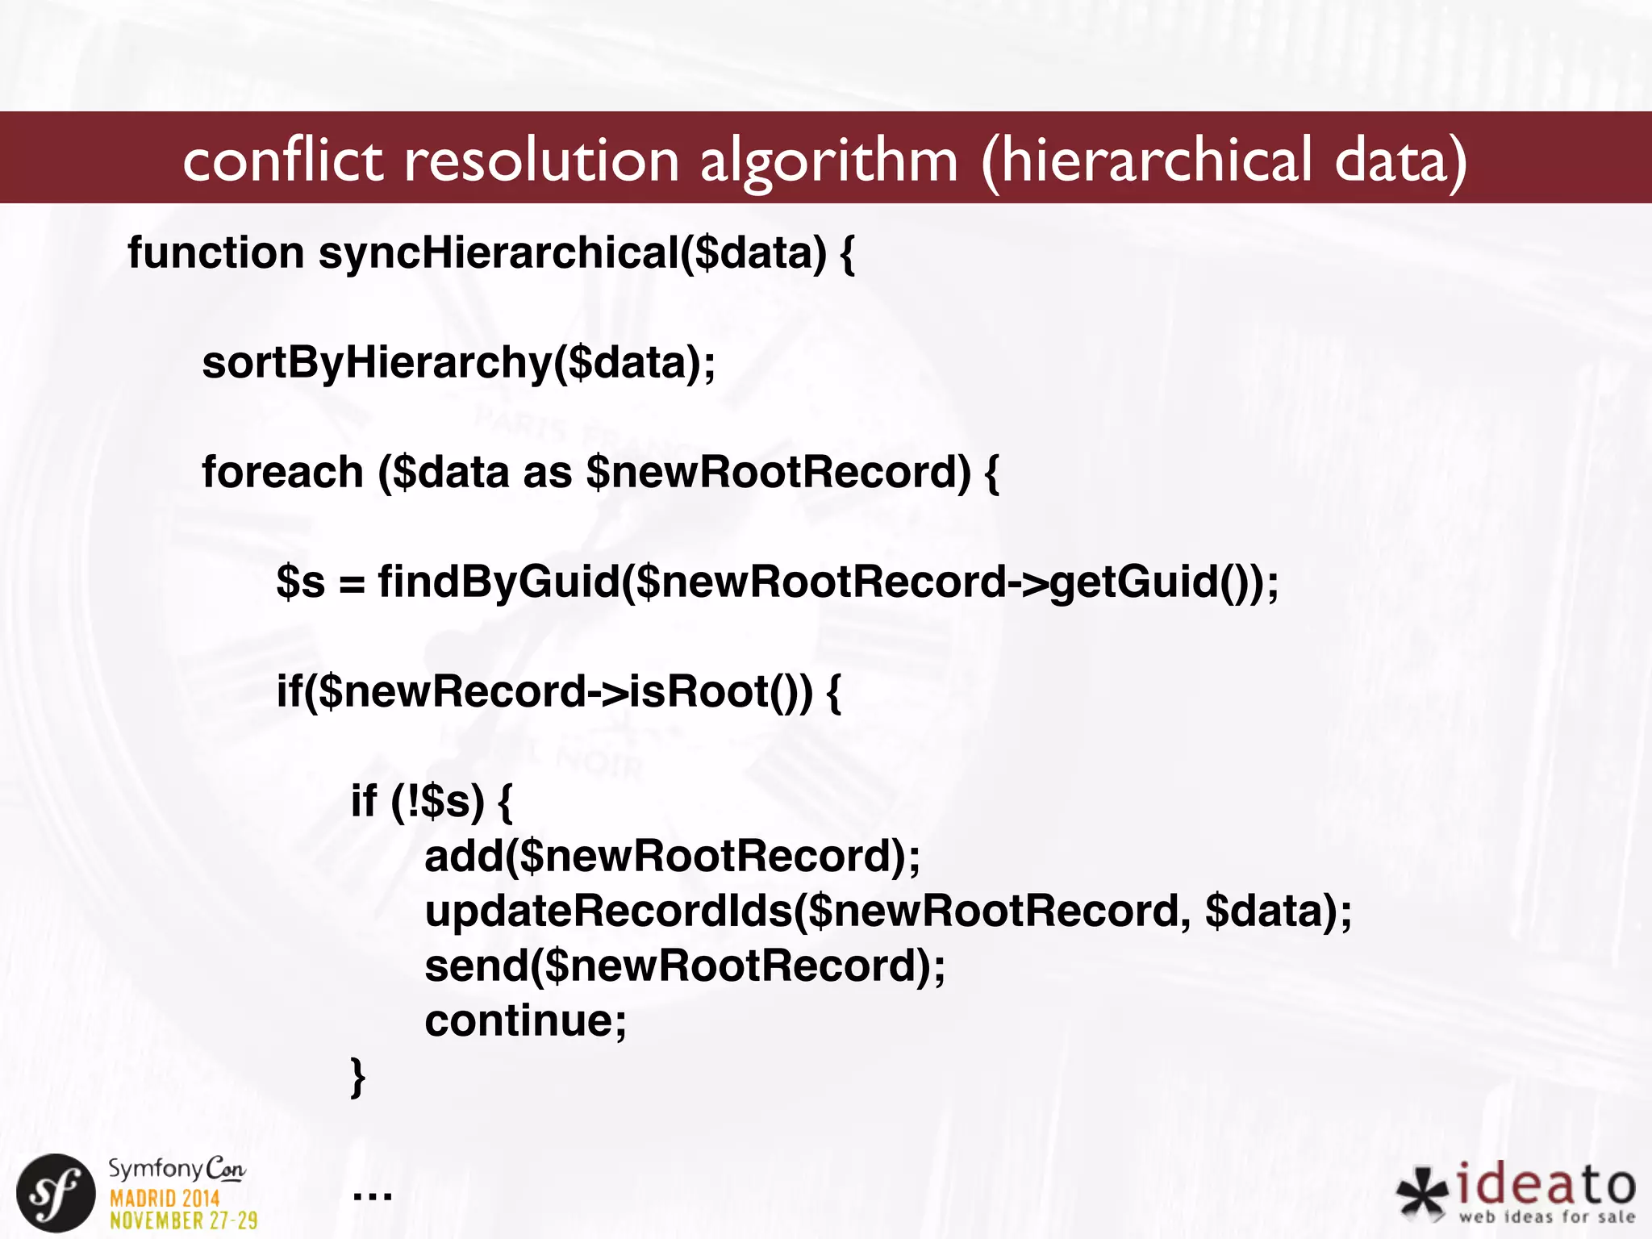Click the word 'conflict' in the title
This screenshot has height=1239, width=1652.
282,160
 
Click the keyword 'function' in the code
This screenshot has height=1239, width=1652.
215,252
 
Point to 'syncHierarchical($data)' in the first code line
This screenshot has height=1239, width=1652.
573,253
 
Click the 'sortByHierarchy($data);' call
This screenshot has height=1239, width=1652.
458,362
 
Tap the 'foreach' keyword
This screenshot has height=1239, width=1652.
282,472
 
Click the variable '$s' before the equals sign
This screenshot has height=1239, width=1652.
300,582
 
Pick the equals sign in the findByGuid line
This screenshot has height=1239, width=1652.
352,583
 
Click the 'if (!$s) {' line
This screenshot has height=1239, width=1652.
431,801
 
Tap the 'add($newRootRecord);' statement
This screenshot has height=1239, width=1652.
672,856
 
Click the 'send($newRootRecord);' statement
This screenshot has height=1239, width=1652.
685,966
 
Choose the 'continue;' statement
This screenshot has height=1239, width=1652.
525,1020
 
